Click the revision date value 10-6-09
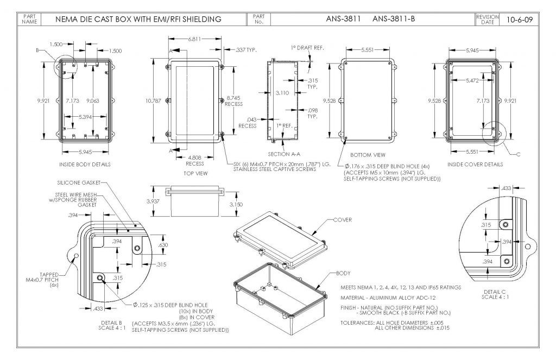[520, 19]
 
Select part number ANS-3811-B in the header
[394, 19]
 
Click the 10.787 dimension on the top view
[153, 101]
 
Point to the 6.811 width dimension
[195, 39]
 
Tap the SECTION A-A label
[284, 154]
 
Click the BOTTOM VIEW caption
[368, 155]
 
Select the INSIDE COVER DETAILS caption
[475, 165]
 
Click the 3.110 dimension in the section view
[282, 93]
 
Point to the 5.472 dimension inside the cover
[472, 80]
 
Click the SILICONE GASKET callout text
[79, 183]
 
